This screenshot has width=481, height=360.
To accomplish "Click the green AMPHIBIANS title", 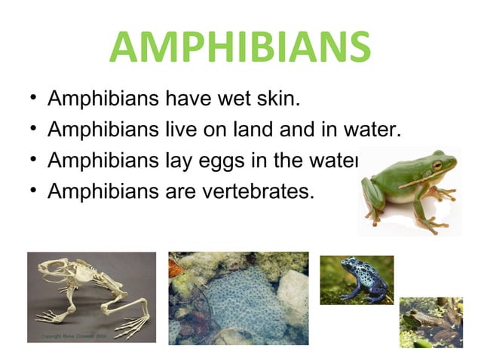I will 240,47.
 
